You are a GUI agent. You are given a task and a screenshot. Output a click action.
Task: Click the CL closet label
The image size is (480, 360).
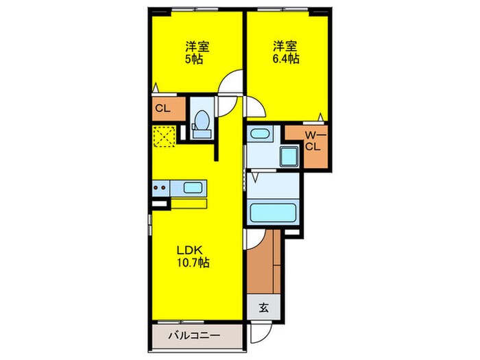pos(163,108)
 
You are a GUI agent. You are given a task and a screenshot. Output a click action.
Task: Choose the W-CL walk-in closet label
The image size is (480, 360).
pos(313,141)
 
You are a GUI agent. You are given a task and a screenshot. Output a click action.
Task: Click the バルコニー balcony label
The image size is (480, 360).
pos(195,337)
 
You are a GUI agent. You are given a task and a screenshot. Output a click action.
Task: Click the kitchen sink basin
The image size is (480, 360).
pos(193,187)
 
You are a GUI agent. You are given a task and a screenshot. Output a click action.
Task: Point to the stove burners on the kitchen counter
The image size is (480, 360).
pos(162,187)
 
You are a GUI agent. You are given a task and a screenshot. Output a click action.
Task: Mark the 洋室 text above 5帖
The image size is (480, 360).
pos(197,47)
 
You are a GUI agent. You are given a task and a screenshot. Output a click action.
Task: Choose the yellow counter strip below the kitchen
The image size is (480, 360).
pos(188,203)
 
